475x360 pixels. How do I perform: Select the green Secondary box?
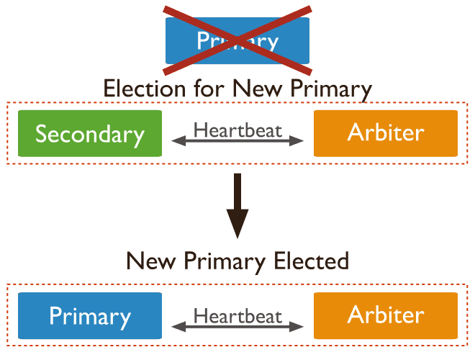90,134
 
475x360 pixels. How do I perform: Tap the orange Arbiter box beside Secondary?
386,133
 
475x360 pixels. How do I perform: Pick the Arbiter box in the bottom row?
386,315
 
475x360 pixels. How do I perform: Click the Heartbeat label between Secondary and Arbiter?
238,131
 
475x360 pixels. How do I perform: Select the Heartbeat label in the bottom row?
238,315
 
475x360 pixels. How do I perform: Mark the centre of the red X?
237,40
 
